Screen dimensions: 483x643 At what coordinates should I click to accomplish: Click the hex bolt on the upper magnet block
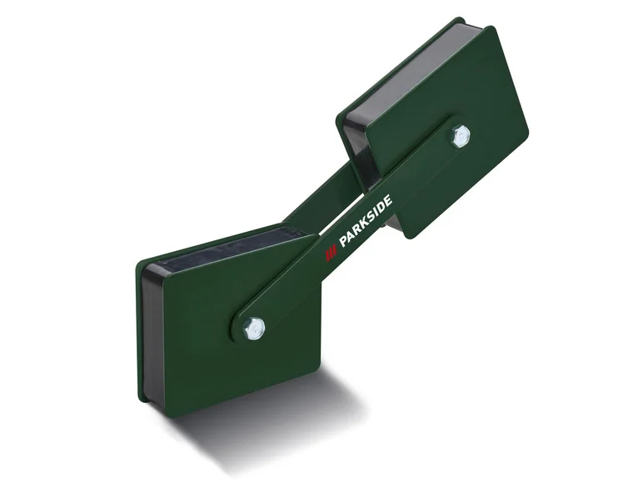[x=460, y=136]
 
